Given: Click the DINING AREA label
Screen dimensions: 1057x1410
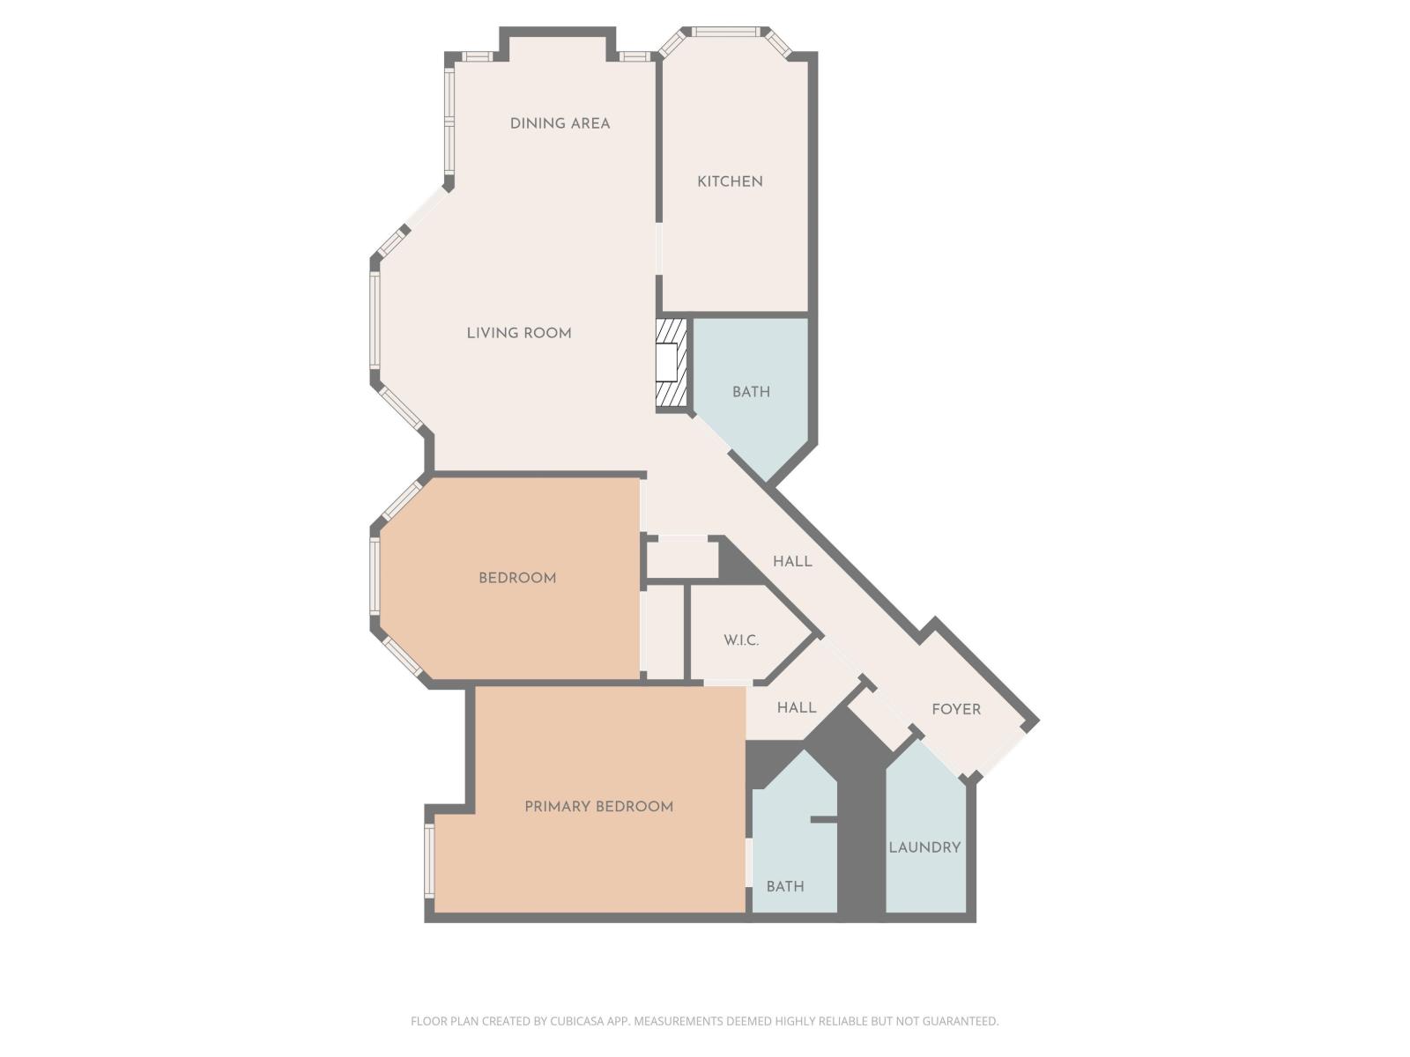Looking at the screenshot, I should pyautogui.click(x=560, y=123).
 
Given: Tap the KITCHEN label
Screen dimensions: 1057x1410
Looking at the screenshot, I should pyautogui.click(x=730, y=181).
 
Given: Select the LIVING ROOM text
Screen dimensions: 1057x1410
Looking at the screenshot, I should pyautogui.click(x=519, y=333).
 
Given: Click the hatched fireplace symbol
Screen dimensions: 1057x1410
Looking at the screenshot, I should pyautogui.click(x=671, y=363).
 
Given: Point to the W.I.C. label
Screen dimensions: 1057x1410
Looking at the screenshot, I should pyautogui.click(x=741, y=640).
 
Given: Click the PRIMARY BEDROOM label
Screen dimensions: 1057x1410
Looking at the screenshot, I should pyautogui.click(x=598, y=807).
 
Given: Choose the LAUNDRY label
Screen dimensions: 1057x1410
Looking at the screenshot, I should pyautogui.click(x=924, y=847).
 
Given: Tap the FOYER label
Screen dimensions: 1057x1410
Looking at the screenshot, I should pyautogui.click(x=956, y=709).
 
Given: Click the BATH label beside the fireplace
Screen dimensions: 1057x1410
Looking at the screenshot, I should pyautogui.click(x=751, y=392).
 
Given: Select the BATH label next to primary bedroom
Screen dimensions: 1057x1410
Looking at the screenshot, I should pyautogui.click(x=784, y=887).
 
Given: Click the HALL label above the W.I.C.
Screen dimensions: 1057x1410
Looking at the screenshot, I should pyautogui.click(x=792, y=561).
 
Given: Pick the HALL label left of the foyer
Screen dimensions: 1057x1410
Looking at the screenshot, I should pyautogui.click(x=796, y=707).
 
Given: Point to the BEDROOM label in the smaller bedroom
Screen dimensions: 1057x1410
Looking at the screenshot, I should pyautogui.click(x=517, y=579).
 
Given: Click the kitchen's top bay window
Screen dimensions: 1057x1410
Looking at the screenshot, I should pyautogui.click(x=725, y=33).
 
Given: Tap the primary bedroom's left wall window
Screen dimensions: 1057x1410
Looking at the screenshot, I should pyautogui.click(x=429, y=860).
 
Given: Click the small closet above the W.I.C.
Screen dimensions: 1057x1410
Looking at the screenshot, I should pyautogui.click(x=682, y=558).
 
